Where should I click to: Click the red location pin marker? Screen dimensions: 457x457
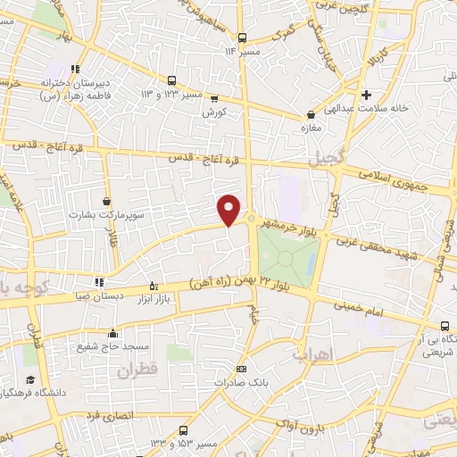(x=229, y=209)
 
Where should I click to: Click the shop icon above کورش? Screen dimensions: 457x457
(x=214, y=99)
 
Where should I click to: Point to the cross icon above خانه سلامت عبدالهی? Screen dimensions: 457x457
(x=366, y=94)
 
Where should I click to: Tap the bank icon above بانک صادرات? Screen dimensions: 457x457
(x=240, y=369)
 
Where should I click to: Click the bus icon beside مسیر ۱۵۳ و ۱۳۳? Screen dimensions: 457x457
(x=183, y=430)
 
